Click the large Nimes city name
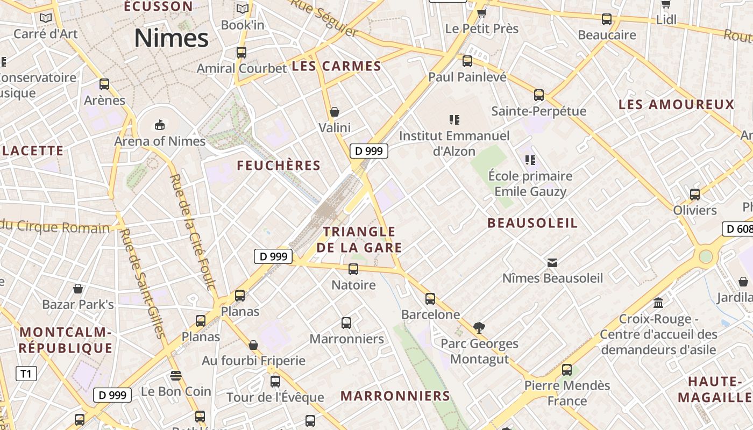coord(171,38)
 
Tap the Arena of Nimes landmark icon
coord(159,125)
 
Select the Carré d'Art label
coord(46,34)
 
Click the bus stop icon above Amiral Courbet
coord(241,52)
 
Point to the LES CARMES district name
coord(336,67)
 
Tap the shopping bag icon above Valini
coord(335,112)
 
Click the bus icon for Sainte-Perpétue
coord(539,95)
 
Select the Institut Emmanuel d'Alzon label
coord(454,144)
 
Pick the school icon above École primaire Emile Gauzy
coord(530,160)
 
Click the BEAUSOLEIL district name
coord(532,223)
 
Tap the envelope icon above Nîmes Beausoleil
coord(552,262)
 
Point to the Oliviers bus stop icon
coord(695,194)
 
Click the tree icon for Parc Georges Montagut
coord(479,327)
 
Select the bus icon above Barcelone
coord(430,298)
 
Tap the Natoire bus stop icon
coord(353,269)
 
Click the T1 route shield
coord(26,373)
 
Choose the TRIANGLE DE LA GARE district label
coord(359,240)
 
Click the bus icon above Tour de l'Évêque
coord(275,381)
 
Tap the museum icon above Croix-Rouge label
coord(658,303)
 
